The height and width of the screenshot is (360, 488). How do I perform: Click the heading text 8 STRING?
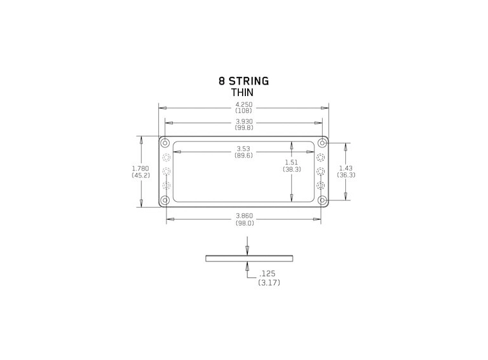click(243, 81)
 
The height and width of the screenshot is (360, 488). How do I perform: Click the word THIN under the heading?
click(243, 93)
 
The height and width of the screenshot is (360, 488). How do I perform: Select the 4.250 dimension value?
click(243, 105)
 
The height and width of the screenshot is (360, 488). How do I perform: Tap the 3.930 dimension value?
click(243, 122)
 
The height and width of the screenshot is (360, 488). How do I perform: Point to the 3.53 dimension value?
click(243, 149)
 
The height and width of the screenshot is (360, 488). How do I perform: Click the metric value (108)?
click(243, 111)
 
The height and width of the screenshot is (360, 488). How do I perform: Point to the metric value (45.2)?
click(140, 175)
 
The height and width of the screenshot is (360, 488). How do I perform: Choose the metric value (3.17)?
click(269, 282)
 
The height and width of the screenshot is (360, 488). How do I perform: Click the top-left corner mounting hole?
click(165, 142)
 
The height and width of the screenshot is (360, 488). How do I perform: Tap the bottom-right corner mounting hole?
click(321, 200)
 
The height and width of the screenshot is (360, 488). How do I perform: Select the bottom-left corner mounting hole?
click(165, 200)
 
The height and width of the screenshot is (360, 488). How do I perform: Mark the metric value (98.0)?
click(243, 224)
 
